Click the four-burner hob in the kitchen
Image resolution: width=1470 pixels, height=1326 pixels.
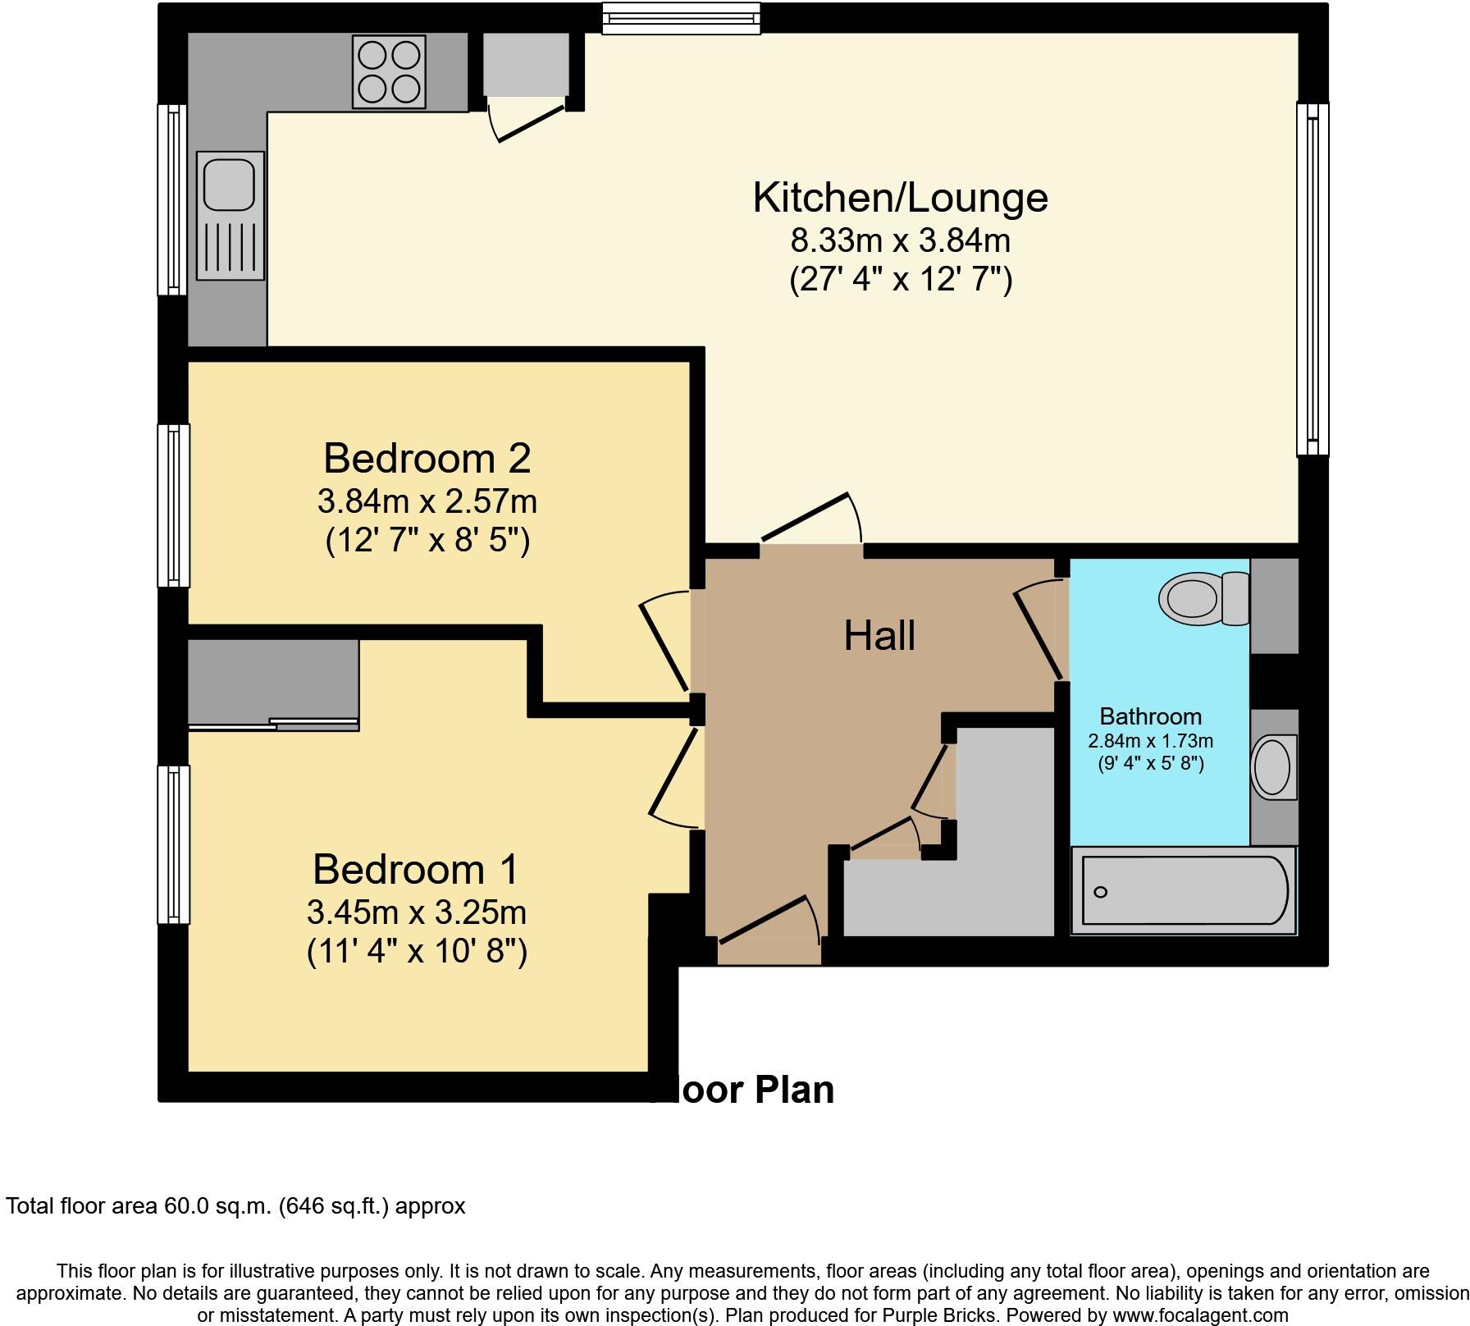[389, 72]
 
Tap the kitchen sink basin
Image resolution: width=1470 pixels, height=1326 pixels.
[230, 185]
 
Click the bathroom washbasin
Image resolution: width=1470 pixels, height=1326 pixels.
[1272, 766]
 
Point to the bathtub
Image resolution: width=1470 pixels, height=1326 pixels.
[1184, 891]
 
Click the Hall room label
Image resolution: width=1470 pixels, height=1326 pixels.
[879, 637]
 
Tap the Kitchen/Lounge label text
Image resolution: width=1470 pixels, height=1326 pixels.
[900, 198]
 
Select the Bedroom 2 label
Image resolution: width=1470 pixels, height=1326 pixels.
[427, 458]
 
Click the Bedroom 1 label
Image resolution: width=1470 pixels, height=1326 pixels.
[416, 870]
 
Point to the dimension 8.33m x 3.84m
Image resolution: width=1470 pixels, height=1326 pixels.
[900, 241]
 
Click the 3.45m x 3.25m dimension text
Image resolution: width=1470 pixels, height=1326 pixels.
[416, 912]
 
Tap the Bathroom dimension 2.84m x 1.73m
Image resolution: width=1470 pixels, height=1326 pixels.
[1150, 741]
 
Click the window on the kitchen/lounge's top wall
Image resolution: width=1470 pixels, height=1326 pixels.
[681, 18]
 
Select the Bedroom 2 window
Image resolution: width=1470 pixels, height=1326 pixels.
[173, 505]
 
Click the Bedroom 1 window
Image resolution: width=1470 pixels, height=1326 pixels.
[173, 844]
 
